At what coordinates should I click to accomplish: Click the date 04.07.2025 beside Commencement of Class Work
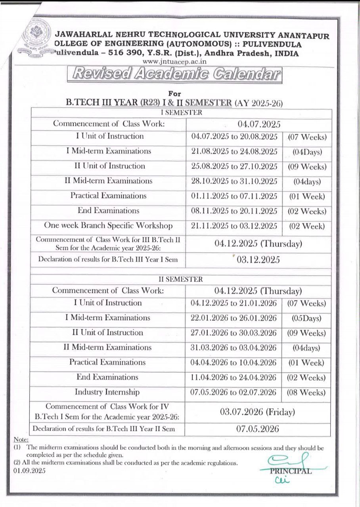click(259, 124)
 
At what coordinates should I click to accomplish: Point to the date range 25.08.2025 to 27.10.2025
click(234, 166)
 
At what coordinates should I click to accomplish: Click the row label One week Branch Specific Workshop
click(108, 226)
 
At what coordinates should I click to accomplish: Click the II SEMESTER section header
click(180, 279)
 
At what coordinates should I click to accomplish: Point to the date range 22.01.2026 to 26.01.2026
click(234, 318)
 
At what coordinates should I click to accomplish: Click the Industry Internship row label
click(107, 392)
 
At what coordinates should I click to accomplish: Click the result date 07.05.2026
click(258, 429)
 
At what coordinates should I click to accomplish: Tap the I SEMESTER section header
click(180, 112)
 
